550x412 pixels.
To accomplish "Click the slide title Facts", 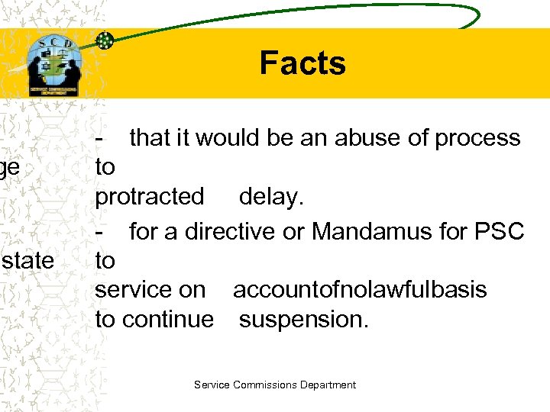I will (302, 63).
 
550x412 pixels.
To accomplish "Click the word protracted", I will (150, 197).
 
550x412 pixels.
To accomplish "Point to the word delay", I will (271, 197).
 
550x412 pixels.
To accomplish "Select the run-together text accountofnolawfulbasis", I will (360, 290).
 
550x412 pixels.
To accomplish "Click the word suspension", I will (303, 319).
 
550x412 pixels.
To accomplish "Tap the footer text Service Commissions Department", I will (275, 385).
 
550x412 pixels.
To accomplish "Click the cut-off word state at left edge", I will (27, 261).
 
